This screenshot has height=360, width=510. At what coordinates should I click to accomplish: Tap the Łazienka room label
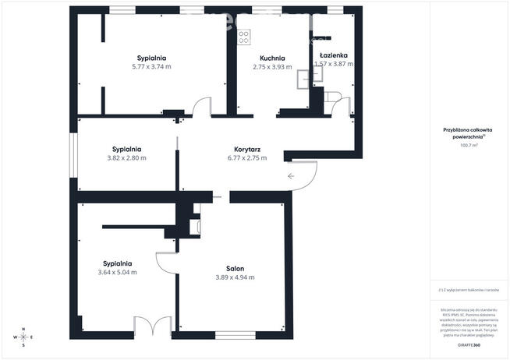(333, 55)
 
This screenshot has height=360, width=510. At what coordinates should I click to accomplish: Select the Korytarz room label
(246, 149)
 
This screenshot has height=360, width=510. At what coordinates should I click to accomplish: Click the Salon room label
(235, 268)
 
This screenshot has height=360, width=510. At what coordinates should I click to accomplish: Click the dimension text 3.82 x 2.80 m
(126, 157)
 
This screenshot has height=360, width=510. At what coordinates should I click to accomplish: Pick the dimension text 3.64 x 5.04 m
(117, 273)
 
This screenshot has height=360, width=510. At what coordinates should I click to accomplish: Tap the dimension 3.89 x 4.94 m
(235, 277)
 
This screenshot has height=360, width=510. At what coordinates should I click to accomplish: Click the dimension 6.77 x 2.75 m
(246, 157)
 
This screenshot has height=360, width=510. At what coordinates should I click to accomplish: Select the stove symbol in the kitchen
(244, 35)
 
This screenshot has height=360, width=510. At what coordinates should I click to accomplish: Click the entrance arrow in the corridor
(291, 176)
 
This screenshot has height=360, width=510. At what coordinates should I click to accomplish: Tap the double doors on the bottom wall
(152, 326)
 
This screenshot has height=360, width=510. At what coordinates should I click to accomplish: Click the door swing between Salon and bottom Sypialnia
(167, 261)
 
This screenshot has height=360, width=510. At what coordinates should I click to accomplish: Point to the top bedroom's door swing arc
(202, 107)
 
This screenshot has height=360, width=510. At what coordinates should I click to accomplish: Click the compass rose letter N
(23, 329)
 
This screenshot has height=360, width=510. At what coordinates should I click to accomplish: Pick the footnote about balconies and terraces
(469, 290)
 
